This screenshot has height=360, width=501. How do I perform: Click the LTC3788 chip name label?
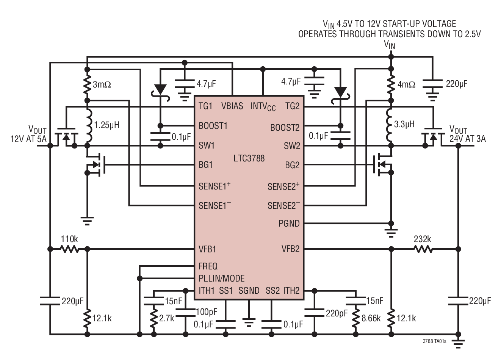pos(249,158)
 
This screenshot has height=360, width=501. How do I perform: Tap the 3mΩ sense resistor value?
pos(102,84)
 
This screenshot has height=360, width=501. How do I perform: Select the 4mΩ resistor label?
pos(407,84)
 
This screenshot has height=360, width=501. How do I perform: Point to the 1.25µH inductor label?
pos(106,124)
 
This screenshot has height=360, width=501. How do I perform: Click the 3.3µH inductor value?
pos(404,124)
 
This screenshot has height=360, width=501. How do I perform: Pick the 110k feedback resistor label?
pos(69,239)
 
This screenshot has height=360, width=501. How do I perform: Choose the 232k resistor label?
pos(422,239)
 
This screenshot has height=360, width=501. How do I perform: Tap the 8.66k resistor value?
pos(371,318)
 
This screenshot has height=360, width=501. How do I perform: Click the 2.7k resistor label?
pos(166,318)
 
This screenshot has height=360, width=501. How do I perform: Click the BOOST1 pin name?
pos(213,126)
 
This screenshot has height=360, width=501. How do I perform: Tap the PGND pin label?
pos(289,224)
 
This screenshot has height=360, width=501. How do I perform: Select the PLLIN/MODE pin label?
pos(222,279)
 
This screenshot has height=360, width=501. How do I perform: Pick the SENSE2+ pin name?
pos(283,186)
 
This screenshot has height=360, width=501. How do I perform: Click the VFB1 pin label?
pos(207,249)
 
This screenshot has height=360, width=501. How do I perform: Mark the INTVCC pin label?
pos(263,106)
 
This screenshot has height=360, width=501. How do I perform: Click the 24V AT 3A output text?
pos(467,139)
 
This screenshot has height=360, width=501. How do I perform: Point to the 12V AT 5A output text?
pos(28,139)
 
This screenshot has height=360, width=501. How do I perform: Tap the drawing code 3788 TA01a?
pos(435,341)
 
